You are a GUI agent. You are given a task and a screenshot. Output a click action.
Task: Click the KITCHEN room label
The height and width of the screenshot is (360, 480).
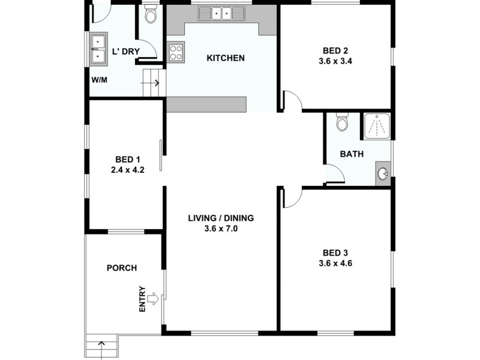pos(226,58)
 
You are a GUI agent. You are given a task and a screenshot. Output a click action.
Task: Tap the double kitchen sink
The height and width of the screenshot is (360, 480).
pos(221,13)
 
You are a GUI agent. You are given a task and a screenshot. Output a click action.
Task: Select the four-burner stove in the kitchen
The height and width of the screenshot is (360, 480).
pos(175,53)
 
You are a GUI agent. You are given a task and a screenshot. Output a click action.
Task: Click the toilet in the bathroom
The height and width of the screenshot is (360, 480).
pos(343,122)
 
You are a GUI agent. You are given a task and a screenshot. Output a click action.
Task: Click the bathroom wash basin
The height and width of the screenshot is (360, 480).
pos(383,174)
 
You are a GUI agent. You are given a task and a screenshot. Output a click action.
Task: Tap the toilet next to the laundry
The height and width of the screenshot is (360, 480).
pos(151,14)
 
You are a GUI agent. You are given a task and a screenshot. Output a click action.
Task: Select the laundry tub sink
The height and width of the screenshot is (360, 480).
pos(97,49)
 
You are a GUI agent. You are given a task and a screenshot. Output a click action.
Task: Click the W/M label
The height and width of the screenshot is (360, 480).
pos(99,80)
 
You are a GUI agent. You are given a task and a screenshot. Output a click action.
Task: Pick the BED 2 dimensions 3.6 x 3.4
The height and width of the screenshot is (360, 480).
pos(335,61)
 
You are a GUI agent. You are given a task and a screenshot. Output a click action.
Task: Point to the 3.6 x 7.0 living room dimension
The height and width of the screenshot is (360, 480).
pos(221,229)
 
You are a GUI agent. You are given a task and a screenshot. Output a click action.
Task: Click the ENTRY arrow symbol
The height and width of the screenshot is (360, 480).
pos(153,298)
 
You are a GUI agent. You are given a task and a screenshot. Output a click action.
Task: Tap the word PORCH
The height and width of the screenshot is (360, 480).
pos(122,268)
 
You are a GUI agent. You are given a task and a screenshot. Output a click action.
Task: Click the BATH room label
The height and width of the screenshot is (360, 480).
pos(352,154)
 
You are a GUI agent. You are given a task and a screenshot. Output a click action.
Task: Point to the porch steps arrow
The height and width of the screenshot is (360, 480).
pos(101,346)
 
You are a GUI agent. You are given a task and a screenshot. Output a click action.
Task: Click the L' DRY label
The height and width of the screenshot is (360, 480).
pos(126,52)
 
